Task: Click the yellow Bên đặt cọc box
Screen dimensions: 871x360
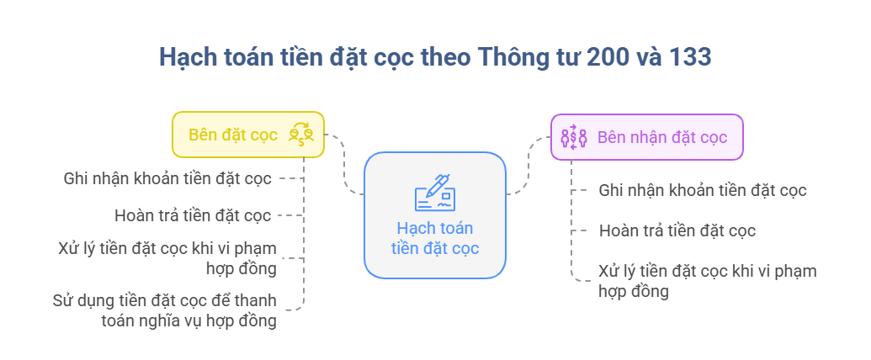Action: (247, 135)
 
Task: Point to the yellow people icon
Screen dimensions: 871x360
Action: (301, 135)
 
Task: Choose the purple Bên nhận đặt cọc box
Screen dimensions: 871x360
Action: (646, 136)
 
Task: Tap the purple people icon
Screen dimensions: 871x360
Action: (574, 136)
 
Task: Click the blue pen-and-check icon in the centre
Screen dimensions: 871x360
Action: (435, 193)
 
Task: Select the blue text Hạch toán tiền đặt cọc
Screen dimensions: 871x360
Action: (435, 237)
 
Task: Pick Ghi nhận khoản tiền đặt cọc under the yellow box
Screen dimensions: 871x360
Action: (167, 178)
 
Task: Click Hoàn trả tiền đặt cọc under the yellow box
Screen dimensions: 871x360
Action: (193, 215)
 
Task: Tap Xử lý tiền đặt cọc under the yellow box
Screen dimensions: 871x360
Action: (167, 257)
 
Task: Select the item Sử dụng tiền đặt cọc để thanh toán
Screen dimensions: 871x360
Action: (164, 310)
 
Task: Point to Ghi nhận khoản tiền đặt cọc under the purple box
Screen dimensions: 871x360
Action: (703, 190)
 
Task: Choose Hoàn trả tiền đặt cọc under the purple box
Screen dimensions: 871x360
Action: (677, 230)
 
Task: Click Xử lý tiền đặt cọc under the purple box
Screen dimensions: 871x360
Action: (708, 281)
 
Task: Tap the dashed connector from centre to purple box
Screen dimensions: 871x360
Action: (528, 165)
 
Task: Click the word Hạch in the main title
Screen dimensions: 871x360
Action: (183, 58)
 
